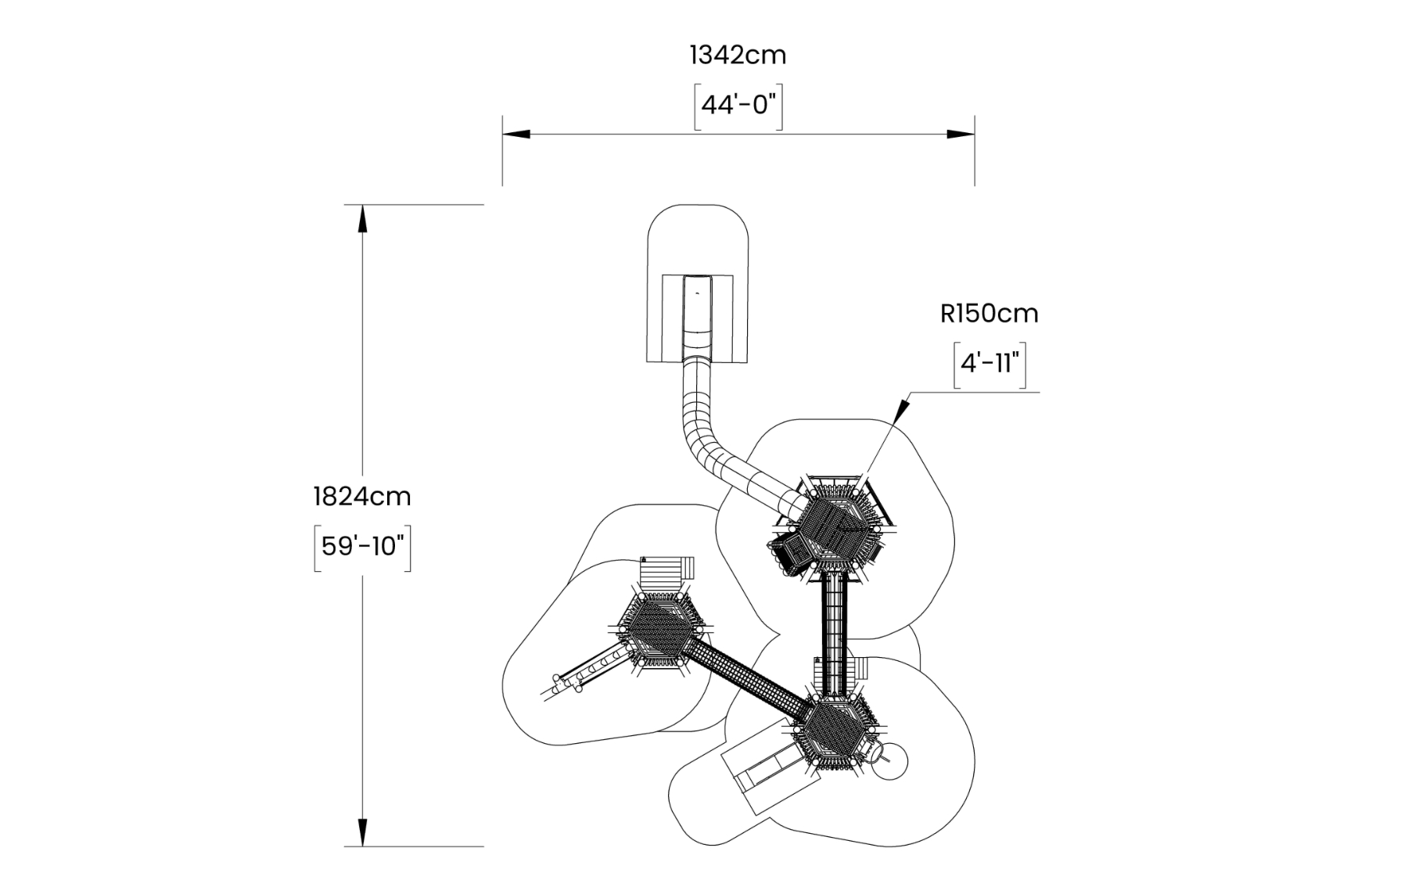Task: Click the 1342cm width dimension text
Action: (737, 56)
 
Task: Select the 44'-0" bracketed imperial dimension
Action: (738, 106)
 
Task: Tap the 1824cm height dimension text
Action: (361, 497)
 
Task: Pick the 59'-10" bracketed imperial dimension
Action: (362, 546)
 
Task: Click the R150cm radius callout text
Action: (989, 314)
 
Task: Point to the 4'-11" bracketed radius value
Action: (990, 364)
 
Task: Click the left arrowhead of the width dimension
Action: (516, 135)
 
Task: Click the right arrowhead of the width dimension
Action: (961, 135)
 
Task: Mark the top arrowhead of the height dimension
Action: (362, 219)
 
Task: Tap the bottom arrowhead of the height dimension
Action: (362, 832)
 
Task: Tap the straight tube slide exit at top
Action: (697, 313)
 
